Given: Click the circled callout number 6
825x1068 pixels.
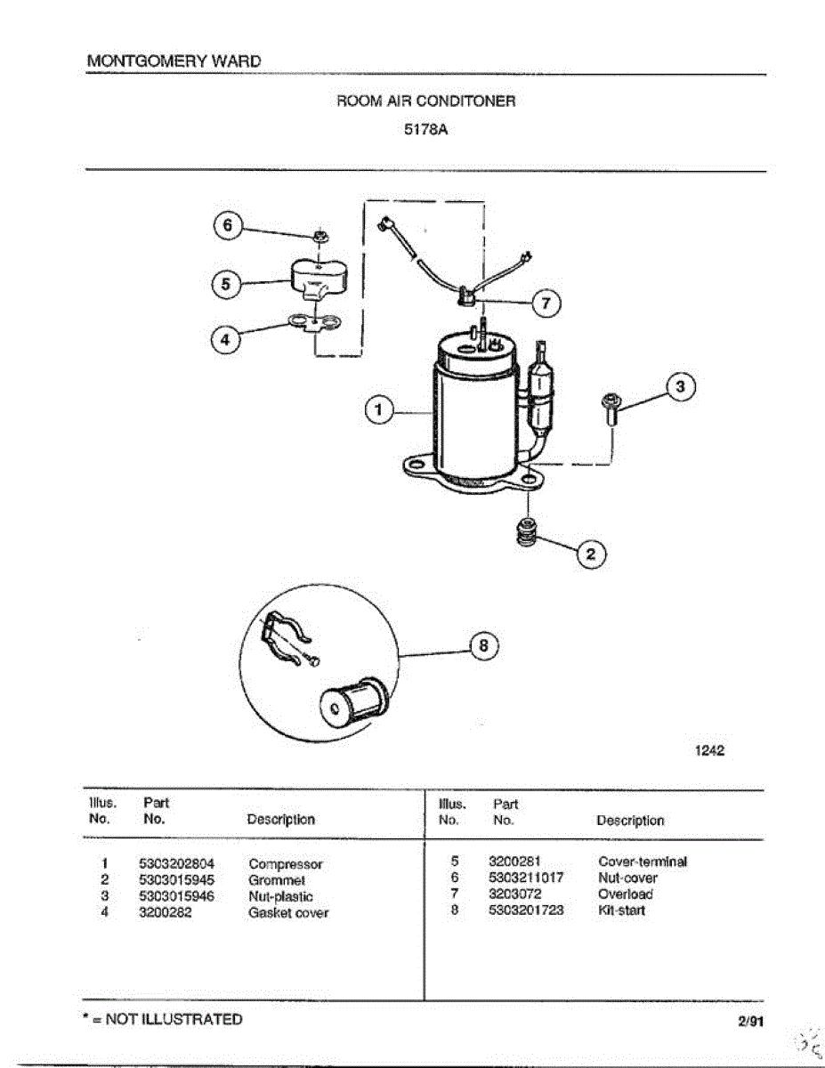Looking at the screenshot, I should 227,226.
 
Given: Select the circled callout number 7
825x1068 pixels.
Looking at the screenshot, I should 546,303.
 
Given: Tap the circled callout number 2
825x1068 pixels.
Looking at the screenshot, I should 592,554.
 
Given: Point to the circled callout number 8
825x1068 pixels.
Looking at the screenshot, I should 483,647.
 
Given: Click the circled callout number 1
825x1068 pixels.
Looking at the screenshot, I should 379,410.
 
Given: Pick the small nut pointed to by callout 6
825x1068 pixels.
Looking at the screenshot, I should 319,238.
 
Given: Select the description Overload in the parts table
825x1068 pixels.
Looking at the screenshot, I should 626,894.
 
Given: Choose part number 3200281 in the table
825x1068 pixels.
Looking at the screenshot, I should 515,861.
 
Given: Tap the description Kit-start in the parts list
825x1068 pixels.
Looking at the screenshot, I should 621,910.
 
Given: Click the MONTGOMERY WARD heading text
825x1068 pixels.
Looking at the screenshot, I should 174,61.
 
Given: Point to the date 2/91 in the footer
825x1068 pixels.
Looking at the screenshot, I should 750,1021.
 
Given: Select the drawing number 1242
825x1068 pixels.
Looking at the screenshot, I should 709,750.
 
